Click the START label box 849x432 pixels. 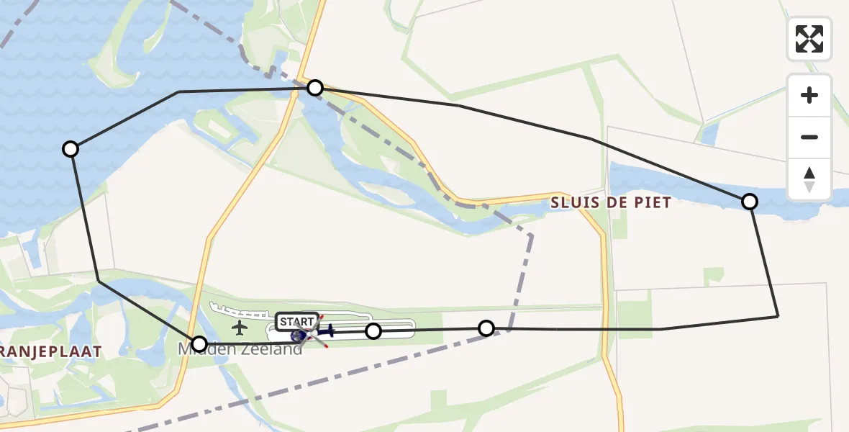296,322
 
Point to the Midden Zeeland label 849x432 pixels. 240,349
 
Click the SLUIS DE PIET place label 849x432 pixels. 611,203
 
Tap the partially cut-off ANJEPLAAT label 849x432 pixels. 50,351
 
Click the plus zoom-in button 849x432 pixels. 809,95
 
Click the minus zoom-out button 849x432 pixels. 809,137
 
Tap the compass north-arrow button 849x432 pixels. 809,179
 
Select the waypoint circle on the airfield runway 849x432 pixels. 373,331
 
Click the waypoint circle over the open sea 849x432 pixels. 71,149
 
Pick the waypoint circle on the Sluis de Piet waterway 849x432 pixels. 750,202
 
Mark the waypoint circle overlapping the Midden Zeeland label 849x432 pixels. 199,343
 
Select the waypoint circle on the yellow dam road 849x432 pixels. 314,88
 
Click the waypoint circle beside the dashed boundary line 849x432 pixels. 486,328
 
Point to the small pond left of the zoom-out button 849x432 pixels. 709,133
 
